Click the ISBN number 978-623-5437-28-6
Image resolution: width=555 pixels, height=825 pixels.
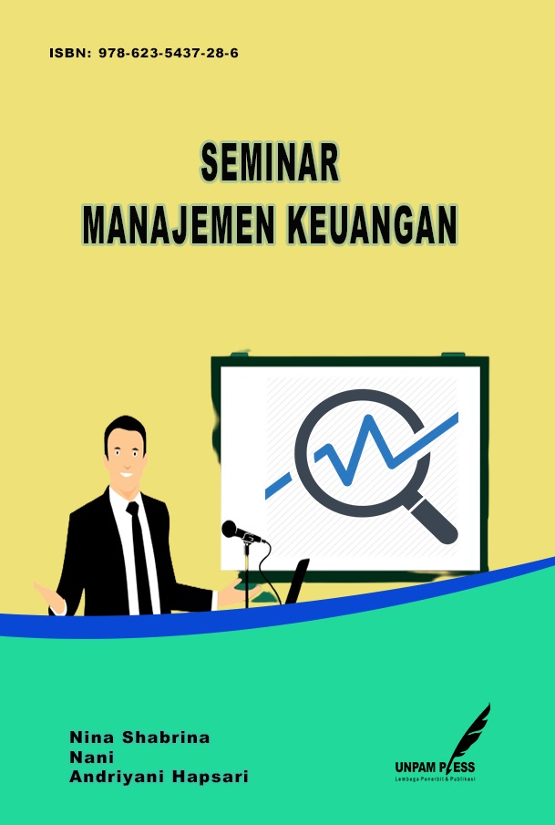pos(169,53)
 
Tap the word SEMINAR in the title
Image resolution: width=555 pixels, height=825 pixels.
pos(270,162)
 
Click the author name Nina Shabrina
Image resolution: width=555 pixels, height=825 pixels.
pos(139,737)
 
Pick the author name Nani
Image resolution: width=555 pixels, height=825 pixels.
pos(91,758)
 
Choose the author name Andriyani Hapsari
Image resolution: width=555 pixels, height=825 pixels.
pos(159,777)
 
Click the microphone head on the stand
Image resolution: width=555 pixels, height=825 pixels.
pos(232,530)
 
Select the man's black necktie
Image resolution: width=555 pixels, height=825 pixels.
pos(139,558)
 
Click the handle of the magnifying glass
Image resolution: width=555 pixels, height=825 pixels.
pos(431,519)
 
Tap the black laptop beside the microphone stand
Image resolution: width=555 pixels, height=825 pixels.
pos(296,582)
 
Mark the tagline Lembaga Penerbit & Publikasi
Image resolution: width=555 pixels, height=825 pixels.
pos(435,779)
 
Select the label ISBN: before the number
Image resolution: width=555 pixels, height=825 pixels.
pos(70,53)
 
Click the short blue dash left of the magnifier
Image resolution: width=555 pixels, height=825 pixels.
pos(278,486)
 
